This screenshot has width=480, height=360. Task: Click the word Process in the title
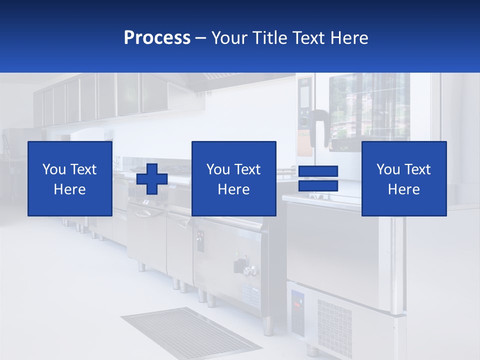click(x=157, y=38)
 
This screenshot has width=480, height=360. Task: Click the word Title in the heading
click(x=270, y=38)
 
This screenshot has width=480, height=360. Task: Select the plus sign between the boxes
click(x=152, y=179)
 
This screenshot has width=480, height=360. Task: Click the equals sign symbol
click(x=318, y=178)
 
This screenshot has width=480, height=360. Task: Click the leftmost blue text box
click(x=70, y=178)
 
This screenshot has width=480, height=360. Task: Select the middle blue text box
click(x=233, y=178)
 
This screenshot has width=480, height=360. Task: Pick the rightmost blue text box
click(x=403, y=178)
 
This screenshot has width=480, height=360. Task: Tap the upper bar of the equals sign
click(x=318, y=171)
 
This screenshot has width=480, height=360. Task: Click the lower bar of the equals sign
click(x=318, y=185)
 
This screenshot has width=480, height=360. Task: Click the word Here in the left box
click(x=70, y=189)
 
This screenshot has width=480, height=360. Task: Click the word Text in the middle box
click(x=247, y=169)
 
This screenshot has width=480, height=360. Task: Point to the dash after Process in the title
click(x=201, y=38)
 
